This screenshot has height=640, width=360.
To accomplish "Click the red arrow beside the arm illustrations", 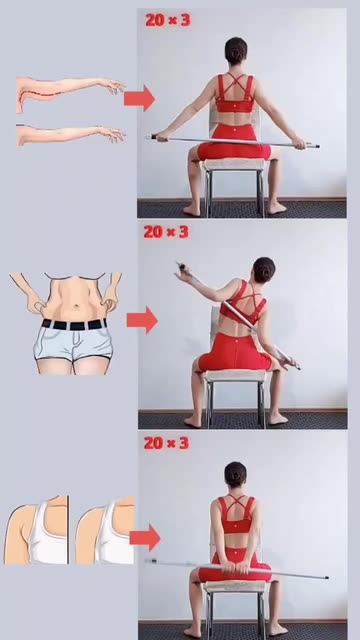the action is pos(140,98).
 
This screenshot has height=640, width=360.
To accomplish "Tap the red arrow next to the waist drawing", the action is pos(142,320).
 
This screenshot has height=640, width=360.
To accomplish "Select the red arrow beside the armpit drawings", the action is pos(145,538).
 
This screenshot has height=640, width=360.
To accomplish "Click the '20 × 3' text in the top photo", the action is pos(168,20).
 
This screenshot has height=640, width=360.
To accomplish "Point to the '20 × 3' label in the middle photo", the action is pos(166,232).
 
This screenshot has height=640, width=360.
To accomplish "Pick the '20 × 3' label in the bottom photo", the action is pos(167,443).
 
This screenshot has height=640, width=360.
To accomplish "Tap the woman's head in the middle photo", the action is pos(263,269).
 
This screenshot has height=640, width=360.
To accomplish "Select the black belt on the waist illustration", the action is pos(74,325).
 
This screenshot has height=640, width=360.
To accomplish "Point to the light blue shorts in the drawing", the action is pos(73,345).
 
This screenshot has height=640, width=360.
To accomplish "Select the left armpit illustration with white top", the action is pos(36,530).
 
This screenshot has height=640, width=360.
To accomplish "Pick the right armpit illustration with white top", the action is pos(105,530).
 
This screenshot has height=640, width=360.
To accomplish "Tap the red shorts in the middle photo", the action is pos(234,352).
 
